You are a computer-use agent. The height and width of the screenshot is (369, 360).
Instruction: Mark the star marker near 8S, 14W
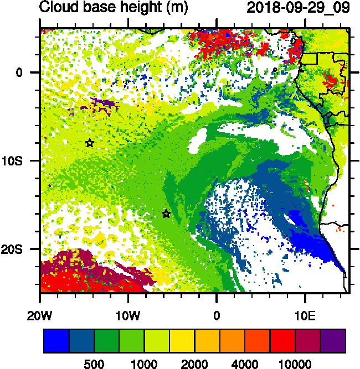click(90, 143)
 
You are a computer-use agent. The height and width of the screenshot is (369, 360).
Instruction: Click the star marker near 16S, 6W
click(166, 214)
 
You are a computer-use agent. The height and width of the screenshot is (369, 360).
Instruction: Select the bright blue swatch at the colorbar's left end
click(56, 341)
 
